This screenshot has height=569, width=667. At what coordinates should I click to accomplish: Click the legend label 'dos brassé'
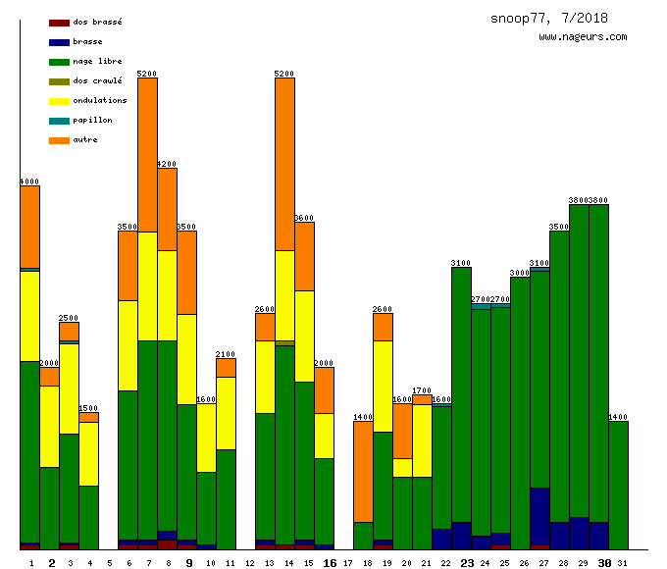click(x=97, y=22)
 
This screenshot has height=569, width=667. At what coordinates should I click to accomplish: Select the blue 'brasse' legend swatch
click(x=59, y=42)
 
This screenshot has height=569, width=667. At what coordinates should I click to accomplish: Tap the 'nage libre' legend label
click(x=97, y=61)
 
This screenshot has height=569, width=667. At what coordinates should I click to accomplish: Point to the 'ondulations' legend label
click(x=99, y=100)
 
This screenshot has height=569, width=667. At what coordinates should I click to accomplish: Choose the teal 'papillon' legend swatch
click(x=59, y=121)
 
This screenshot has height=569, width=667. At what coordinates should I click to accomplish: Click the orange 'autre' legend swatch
click(x=59, y=140)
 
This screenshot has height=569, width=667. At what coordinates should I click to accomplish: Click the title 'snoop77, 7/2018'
click(x=548, y=18)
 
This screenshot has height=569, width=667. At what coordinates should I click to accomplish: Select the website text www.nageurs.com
click(x=583, y=36)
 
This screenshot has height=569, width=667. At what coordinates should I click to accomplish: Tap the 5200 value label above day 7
click(x=147, y=74)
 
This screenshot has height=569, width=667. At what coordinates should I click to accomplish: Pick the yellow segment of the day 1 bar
click(x=29, y=316)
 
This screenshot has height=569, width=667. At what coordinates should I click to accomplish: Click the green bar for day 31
click(x=618, y=485)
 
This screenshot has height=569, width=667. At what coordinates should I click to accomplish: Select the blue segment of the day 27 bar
click(x=539, y=516)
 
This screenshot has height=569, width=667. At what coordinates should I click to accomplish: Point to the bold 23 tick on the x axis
click(x=467, y=563)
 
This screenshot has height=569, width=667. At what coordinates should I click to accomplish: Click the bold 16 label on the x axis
click(x=330, y=563)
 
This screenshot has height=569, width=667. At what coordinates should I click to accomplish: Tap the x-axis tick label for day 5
click(x=110, y=563)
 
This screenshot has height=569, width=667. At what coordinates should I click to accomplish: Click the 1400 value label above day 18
click(x=363, y=417)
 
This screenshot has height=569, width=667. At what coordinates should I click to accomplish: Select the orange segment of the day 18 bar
click(x=363, y=471)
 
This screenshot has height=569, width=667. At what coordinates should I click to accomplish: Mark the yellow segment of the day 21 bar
click(x=422, y=440)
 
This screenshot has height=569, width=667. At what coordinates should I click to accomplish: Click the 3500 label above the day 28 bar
click(x=559, y=227)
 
